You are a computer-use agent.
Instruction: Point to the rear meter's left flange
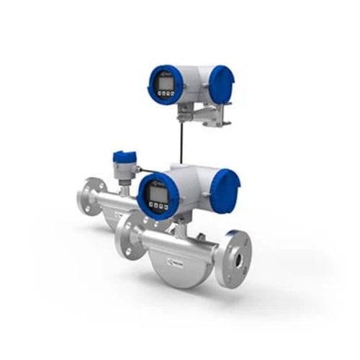[89, 194]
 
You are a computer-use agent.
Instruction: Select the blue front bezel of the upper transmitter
[153, 85]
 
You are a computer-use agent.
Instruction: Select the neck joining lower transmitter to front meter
[181, 220]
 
